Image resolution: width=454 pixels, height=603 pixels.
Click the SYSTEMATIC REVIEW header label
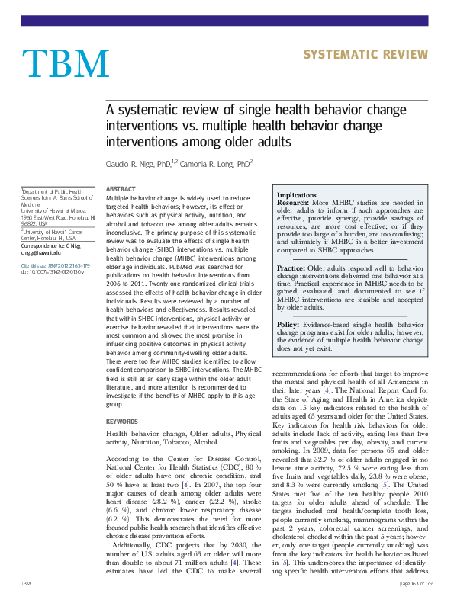click(365, 54)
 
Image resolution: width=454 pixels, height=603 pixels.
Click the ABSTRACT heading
click(121, 188)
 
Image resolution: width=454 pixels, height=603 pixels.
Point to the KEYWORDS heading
click(122, 421)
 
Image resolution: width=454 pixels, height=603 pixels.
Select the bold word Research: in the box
click(293, 204)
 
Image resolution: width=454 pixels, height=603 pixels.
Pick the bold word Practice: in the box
click(291, 269)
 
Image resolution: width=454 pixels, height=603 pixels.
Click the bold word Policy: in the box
click(288, 325)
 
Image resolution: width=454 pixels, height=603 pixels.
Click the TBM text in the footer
click(27, 583)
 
